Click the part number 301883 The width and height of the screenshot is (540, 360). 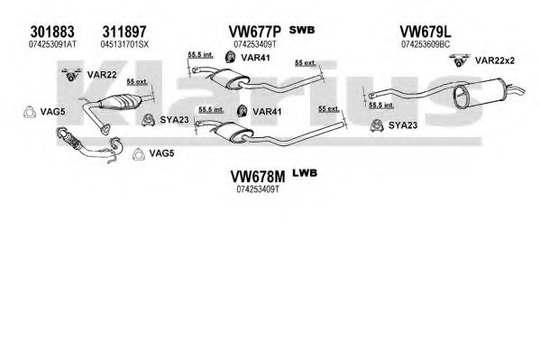click(52, 32)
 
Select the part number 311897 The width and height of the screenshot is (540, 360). click(124, 32)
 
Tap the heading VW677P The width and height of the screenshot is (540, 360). click(255, 32)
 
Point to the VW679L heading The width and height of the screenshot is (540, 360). click(426, 32)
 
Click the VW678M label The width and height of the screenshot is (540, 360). click(258, 177)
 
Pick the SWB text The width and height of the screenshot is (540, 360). click(302, 30)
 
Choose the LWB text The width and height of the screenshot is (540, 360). click(305, 172)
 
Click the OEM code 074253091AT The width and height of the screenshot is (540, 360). click(52, 44)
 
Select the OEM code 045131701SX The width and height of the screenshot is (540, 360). click(124, 44)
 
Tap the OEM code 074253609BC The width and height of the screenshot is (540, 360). click(426, 44)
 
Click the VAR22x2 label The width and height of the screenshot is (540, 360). click(495, 60)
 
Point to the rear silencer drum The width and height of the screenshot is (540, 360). click(480, 93)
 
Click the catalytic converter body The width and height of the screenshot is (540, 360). click(120, 101)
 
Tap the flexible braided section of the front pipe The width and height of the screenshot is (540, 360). click(71, 141)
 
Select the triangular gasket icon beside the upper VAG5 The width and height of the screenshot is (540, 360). click(30, 112)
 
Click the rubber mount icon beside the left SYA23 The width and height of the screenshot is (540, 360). click(148, 120)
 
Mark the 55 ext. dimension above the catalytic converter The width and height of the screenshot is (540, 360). click(137, 82)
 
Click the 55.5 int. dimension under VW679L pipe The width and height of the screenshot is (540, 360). click(381, 105)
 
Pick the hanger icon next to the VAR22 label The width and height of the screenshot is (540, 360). click(71, 75)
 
